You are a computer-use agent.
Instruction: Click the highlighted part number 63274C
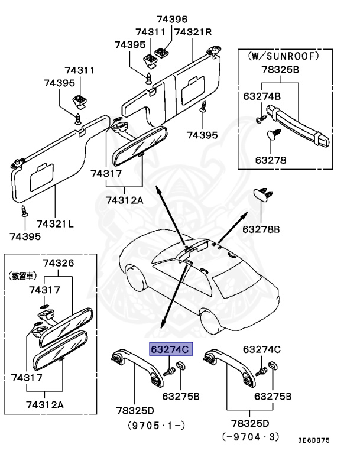point(169,349)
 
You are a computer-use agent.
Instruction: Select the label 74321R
point(193,31)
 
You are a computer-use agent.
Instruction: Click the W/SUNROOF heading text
point(282,57)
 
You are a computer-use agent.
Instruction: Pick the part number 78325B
point(280,70)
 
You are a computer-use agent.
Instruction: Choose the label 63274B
point(262,95)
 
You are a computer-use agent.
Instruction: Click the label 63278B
point(261,228)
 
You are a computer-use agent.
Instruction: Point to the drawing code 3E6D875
point(313,440)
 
